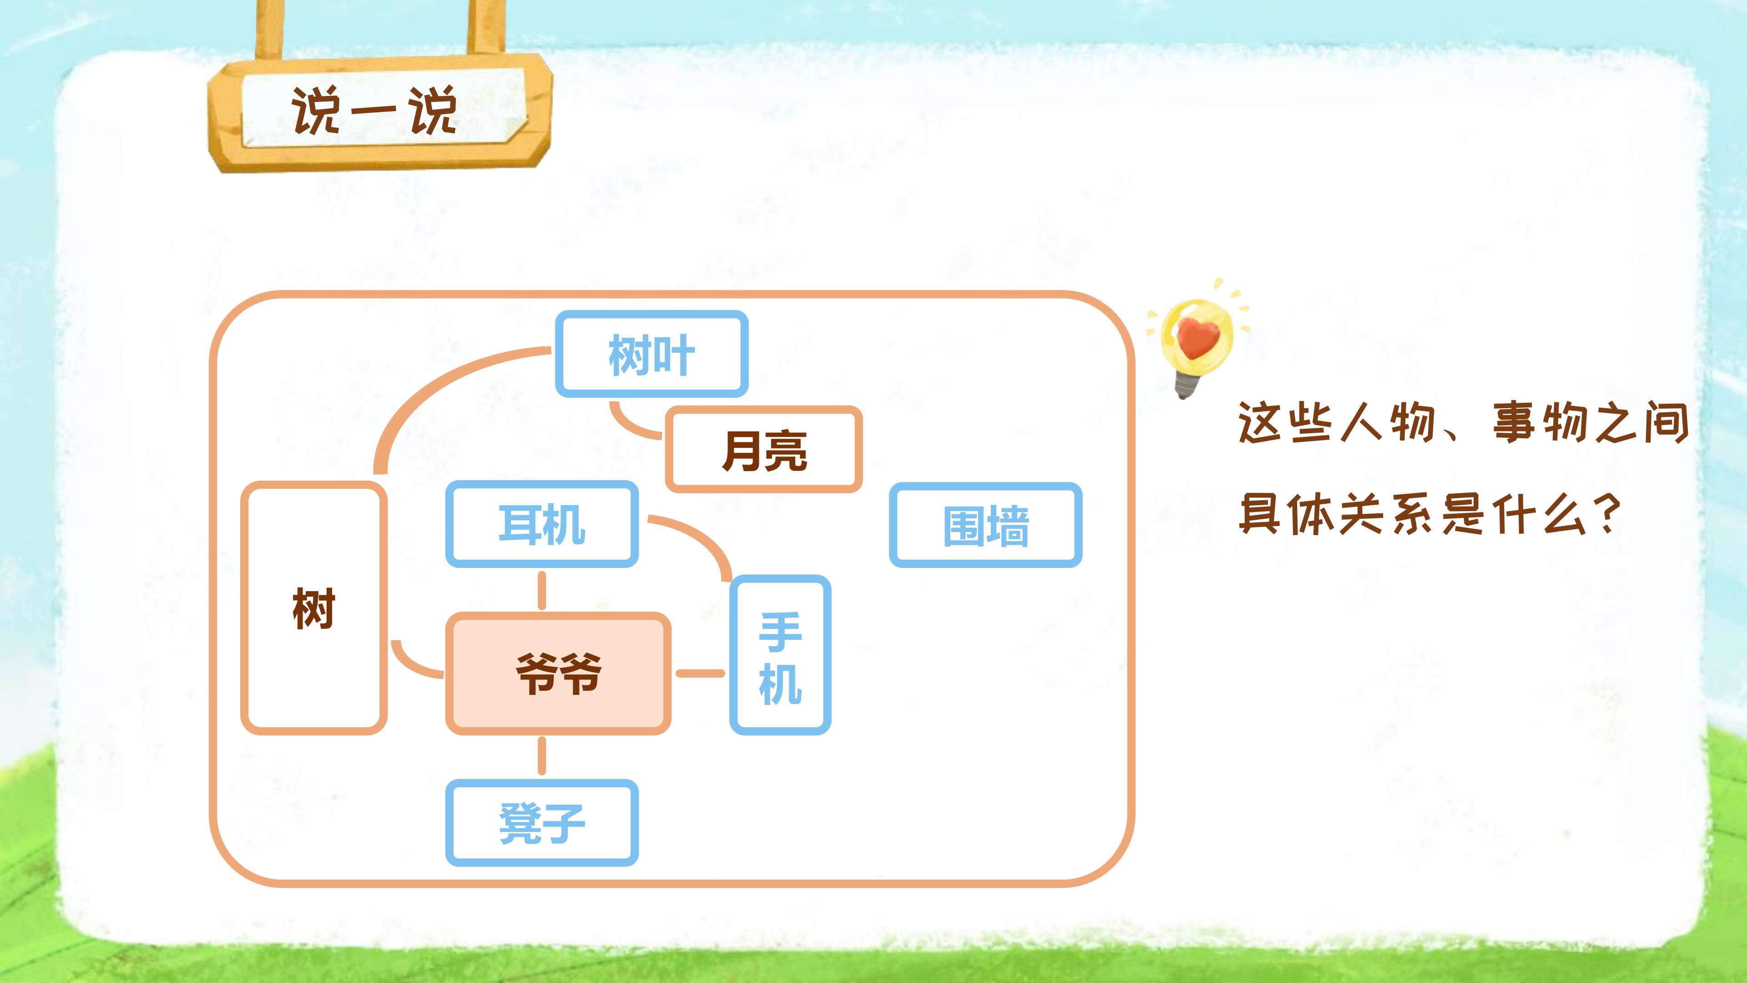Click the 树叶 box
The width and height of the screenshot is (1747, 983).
(651, 354)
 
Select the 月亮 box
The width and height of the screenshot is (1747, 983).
(764, 450)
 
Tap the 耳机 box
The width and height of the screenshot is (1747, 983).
(541, 524)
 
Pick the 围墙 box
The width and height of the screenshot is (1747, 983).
(985, 525)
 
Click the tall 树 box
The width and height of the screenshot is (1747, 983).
(313, 608)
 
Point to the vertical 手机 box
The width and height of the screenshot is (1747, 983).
(780, 655)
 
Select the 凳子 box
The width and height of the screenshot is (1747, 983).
(541, 822)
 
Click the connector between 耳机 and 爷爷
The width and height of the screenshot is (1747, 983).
(541, 590)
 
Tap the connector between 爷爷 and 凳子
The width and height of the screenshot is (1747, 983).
(541, 756)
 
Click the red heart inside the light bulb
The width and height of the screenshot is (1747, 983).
(1197, 337)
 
